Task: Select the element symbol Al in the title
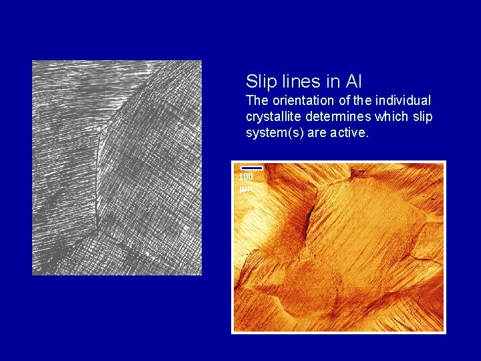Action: click(x=353, y=82)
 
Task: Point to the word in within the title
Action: click(x=333, y=82)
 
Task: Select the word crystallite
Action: click(x=273, y=117)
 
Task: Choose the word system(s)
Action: click(x=274, y=133)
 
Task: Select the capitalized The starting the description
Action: click(x=257, y=101)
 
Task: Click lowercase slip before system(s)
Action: click(x=423, y=117)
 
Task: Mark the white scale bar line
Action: click(x=251, y=168)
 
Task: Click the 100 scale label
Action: click(x=246, y=177)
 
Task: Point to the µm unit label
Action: click(x=245, y=189)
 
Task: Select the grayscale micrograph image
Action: click(x=117, y=167)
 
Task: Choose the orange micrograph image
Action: click(x=338, y=247)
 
